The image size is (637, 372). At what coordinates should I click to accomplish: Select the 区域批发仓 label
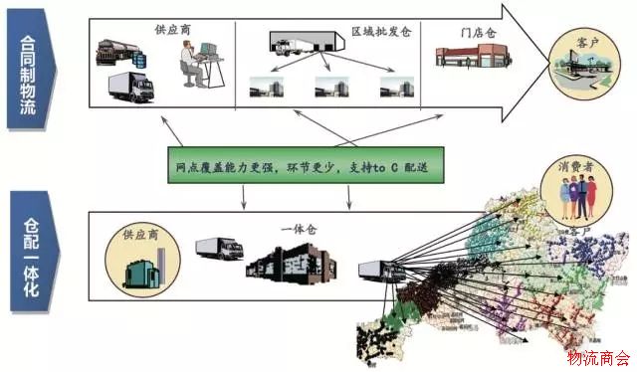tap(381, 32)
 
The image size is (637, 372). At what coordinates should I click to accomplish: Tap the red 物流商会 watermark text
tap(598, 357)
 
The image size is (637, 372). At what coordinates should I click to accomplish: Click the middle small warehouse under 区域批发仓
tap(330, 89)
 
